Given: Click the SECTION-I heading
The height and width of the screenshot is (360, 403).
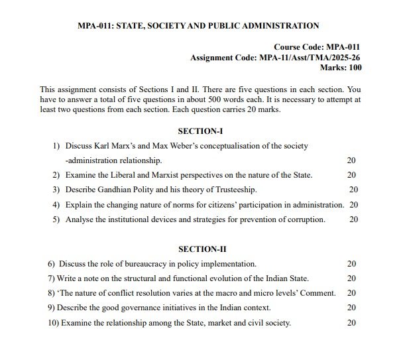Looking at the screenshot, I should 201,131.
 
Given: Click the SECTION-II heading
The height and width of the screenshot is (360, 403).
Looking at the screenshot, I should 202,249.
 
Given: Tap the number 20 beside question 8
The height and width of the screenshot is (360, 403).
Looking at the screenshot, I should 351,293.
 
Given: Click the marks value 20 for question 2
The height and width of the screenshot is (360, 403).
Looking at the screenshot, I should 351,175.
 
